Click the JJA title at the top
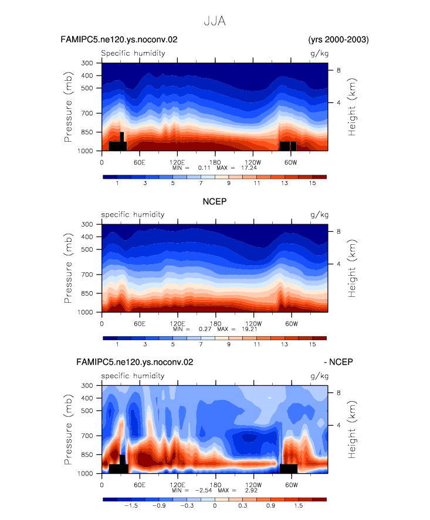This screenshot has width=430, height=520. point(215,21)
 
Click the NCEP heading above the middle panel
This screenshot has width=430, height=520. point(215,201)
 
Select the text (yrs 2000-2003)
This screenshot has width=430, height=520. point(338,40)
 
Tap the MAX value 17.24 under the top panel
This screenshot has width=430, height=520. point(249,168)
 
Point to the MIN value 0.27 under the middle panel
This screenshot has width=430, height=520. point(205,329)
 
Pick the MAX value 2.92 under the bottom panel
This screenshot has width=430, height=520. point(251,490)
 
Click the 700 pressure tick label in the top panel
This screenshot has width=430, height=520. point(87,114)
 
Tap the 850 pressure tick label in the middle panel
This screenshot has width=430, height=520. point(87,293)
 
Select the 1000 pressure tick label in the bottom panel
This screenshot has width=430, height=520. point(85,474)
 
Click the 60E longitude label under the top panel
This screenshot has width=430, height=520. point(140,163)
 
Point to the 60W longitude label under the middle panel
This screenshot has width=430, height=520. point(292,324)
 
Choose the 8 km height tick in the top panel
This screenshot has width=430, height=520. point(338,70)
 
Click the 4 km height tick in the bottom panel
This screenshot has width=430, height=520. point(338,425)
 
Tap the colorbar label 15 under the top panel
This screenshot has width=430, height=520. point(312,183)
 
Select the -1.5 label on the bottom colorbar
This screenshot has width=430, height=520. point(131,506)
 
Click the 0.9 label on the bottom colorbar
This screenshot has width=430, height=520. point(270,506)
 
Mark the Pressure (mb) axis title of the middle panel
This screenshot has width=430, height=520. point(68,268)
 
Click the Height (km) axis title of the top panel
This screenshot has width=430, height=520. point(352,107)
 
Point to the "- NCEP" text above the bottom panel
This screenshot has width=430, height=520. point(338,362)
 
